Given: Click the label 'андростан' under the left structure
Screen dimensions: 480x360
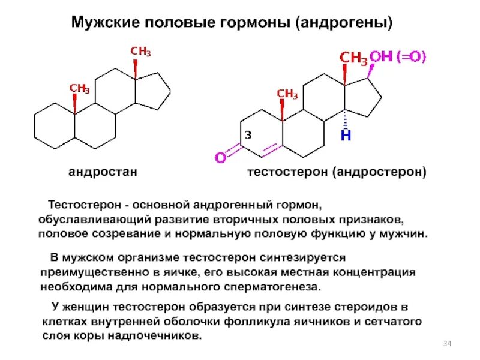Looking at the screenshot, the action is coord(103,172).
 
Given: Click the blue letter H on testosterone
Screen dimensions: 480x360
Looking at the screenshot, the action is coord(346,136).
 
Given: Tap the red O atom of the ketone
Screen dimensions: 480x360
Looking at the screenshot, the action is coord(220,158).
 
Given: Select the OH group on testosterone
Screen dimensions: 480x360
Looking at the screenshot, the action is coord(380,57).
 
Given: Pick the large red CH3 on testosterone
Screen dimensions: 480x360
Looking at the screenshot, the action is coord(353,58).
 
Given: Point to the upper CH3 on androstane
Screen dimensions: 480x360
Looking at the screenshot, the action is coord(141,52).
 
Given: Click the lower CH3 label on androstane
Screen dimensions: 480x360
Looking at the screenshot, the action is coord(80,89).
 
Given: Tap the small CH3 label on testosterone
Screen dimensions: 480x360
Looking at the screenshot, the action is coord(287,94).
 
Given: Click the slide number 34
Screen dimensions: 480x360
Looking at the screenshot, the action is coord(446,343).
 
